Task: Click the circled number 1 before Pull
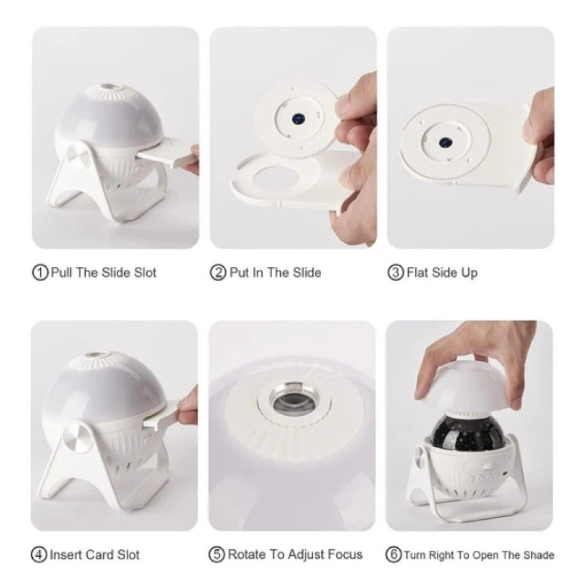point(40,273)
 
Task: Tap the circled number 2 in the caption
point(218,273)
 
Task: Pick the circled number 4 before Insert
point(39,555)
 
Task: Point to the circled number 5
point(217,555)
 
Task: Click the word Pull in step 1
point(61,273)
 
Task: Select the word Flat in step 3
point(418,273)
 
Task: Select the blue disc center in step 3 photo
point(444,142)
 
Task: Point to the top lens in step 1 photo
point(109,86)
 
